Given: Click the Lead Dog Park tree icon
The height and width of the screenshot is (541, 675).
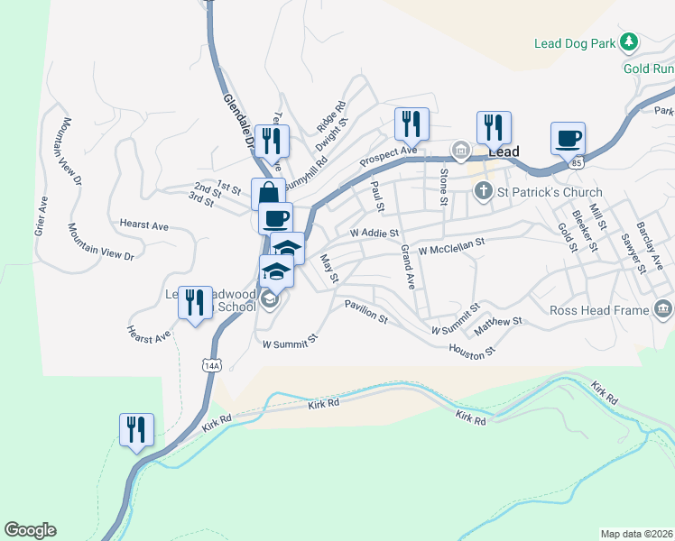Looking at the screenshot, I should (x=631, y=41).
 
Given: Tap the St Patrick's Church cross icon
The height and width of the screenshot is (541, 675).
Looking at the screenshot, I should (x=483, y=190).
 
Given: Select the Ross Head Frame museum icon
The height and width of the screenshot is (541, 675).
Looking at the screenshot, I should (x=663, y=309).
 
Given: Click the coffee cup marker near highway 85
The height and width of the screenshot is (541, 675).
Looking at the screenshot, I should (x=568, y=139).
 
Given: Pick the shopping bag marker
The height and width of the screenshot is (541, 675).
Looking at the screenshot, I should (x=269, y=193).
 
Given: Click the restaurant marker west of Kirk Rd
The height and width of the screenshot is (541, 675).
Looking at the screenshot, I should (x=136, y=429).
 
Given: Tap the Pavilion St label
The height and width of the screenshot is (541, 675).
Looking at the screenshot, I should (x=365, y=312).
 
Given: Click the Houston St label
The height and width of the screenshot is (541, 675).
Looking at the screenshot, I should (x=472, y=352).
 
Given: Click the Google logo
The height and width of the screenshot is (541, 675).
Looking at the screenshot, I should (x=30, y=530).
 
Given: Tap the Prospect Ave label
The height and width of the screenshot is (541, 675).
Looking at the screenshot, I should (x=388, y=155).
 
